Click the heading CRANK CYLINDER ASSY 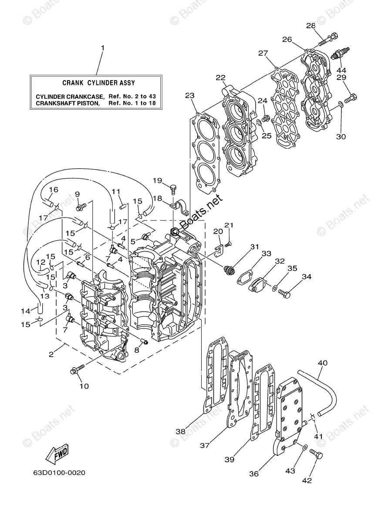[98, 83]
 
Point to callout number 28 [310, 26]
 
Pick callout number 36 [265, 474]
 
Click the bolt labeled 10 [74, 371]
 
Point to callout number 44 [341, 70]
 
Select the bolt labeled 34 [284, 294]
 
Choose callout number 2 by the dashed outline [51, 354]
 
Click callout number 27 [263, 54]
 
